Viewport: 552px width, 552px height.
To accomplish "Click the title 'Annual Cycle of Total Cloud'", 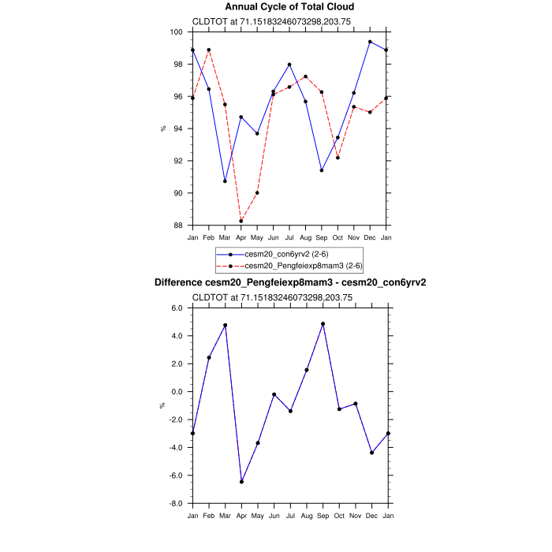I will click(290, 7).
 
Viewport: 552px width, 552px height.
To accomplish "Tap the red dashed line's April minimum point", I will click(241, 221).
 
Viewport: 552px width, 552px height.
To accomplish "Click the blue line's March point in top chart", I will click(225, 181).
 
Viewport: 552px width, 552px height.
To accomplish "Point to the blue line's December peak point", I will click(370, 42).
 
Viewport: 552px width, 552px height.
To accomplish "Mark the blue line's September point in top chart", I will click(322, 170).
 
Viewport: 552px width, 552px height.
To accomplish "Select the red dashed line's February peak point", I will click(209, 50).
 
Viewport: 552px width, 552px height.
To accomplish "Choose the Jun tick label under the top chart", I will click(273, 237).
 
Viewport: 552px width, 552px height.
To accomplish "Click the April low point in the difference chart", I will click(241, 482).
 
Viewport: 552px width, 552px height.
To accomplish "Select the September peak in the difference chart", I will click(322, 324).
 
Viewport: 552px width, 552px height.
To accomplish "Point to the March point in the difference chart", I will click(225, 325).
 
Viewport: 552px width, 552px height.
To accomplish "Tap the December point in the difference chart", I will click(371, 453).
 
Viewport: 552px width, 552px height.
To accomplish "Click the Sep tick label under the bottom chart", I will click(322, 515).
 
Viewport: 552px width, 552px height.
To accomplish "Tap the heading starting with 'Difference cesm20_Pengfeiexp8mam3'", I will click(290, 282).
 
